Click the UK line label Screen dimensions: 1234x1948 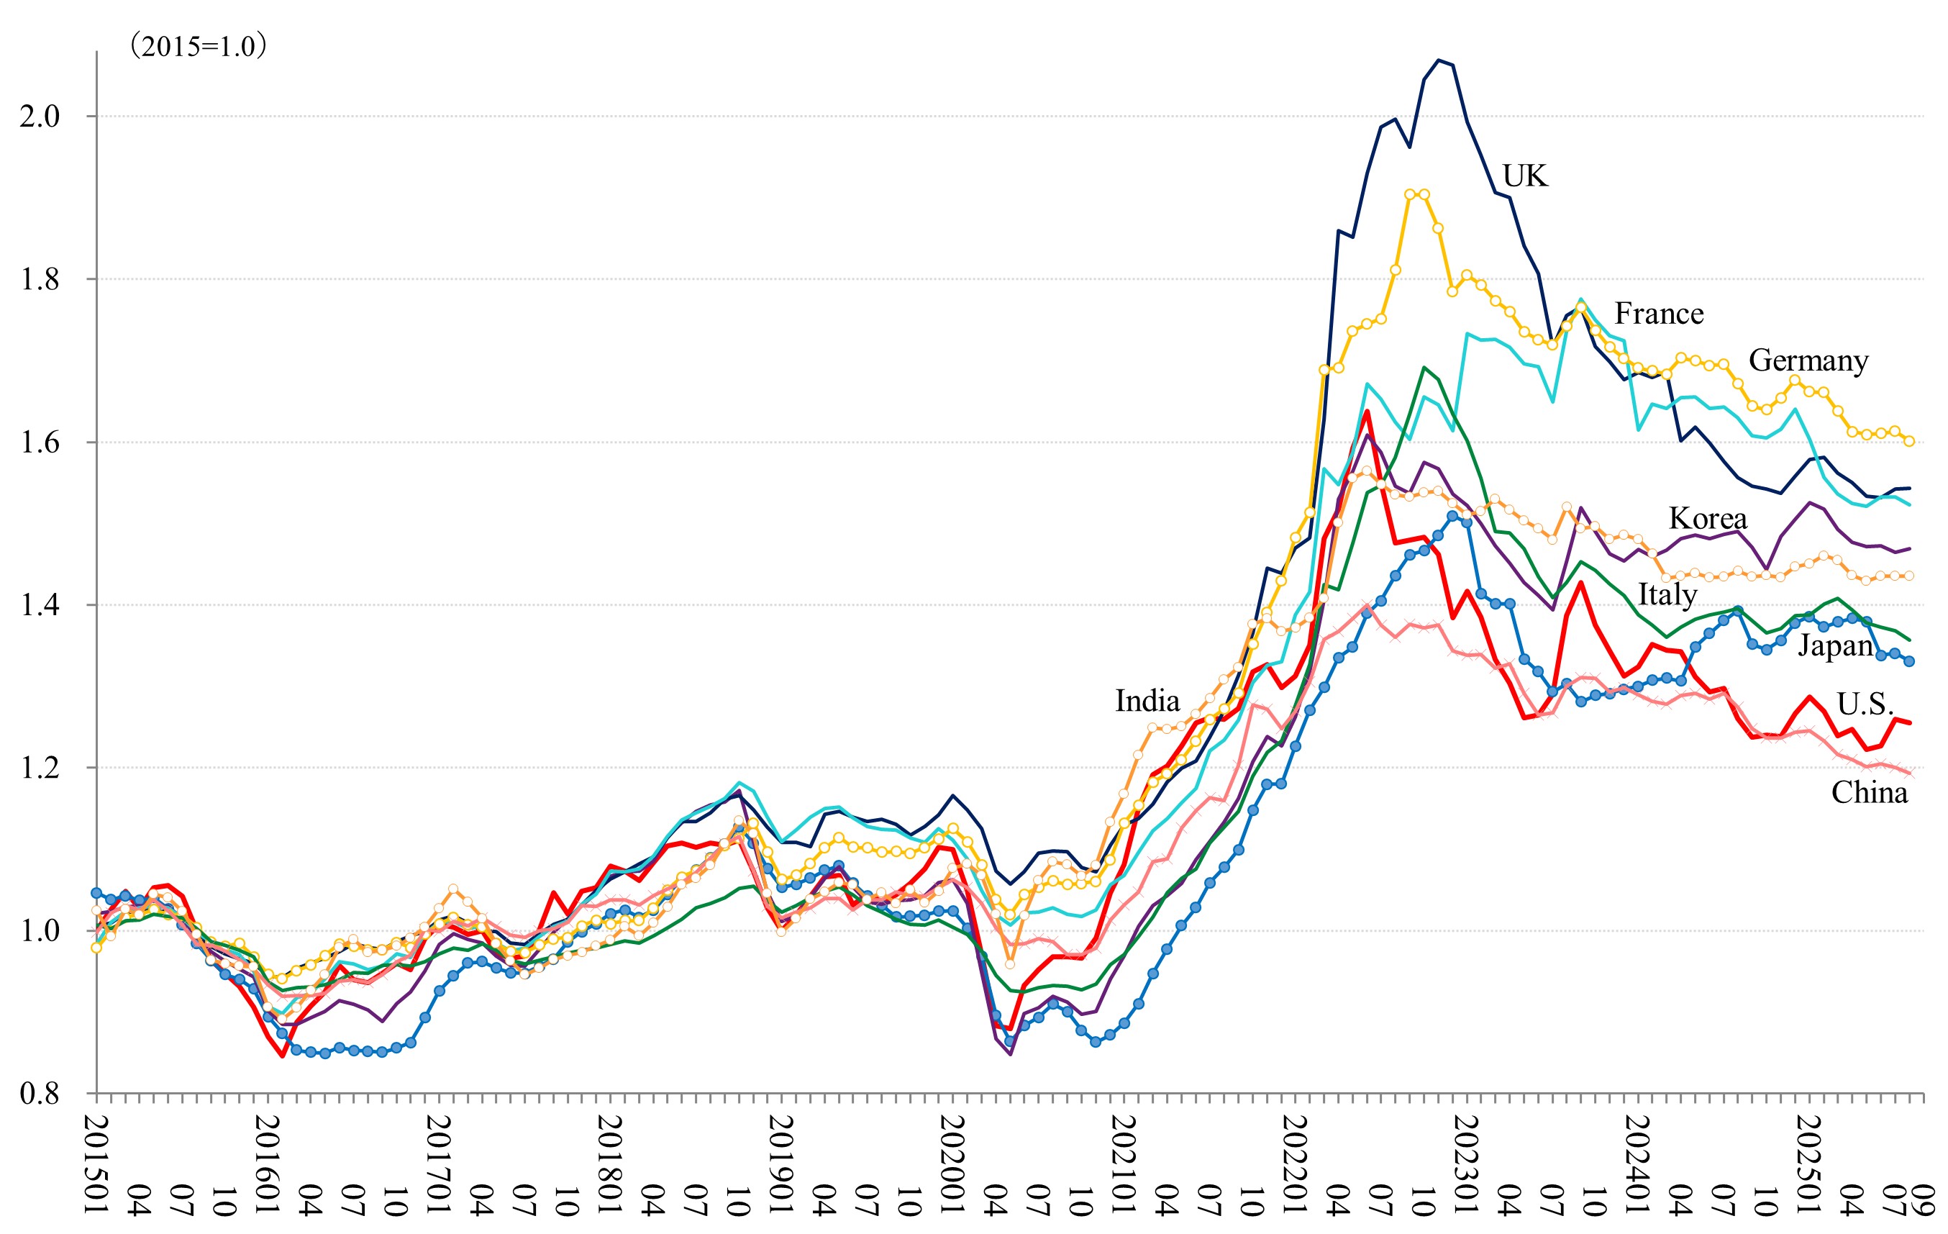(x=1524, y=176)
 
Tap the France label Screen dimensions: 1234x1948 (x=1658, y=313)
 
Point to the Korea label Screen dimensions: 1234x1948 (x=1707, y=518)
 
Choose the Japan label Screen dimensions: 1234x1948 (x=1836, y=645)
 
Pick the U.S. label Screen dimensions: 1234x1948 (x=1865, y=703)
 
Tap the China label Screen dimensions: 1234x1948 (x=1870, y=792)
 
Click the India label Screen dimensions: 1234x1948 (x=1147, y=701)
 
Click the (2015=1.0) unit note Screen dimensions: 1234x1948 (x=199, y=46)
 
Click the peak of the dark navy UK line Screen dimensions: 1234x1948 (x=1439, y=60)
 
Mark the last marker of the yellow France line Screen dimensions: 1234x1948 (x=1909, y=441)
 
